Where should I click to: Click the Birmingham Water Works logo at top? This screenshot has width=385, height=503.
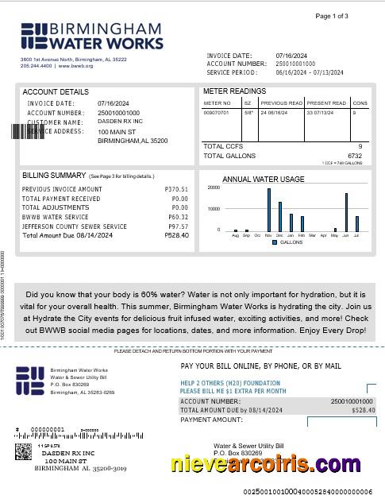pyautogui.click(x=91, y=37)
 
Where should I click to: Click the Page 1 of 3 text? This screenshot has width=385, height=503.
pyautogui.click(x=332, y=16)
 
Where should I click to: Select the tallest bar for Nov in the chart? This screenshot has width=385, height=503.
pyautogui.click(x=268, y=209)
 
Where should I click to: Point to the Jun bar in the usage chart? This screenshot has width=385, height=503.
pyautogui.click(x=346, y=211)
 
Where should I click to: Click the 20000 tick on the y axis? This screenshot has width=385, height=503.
pyautogui.click(x=214, y=188)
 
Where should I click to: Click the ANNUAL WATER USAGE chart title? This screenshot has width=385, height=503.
pyautogui.click(x=263, y=179)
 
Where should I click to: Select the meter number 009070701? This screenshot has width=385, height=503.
pyautogui.click(x=216, y=113)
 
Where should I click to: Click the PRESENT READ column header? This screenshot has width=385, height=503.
pyautogui.click(x=326, y=103)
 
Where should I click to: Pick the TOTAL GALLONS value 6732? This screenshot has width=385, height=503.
pyautogui.click(x=354, y=156)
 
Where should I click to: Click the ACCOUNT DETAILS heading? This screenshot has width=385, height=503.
pyautogui.click(x=56, y=92)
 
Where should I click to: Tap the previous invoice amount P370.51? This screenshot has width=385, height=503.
pyautogui.click(x=176, y=189)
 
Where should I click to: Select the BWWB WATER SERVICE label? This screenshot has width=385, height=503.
pyautogui.click(x=56, y=217)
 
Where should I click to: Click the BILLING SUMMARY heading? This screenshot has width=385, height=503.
pyautogui.click(x=54, y=175)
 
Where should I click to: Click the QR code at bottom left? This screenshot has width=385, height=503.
pyautogui.click(x=24, y=452)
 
